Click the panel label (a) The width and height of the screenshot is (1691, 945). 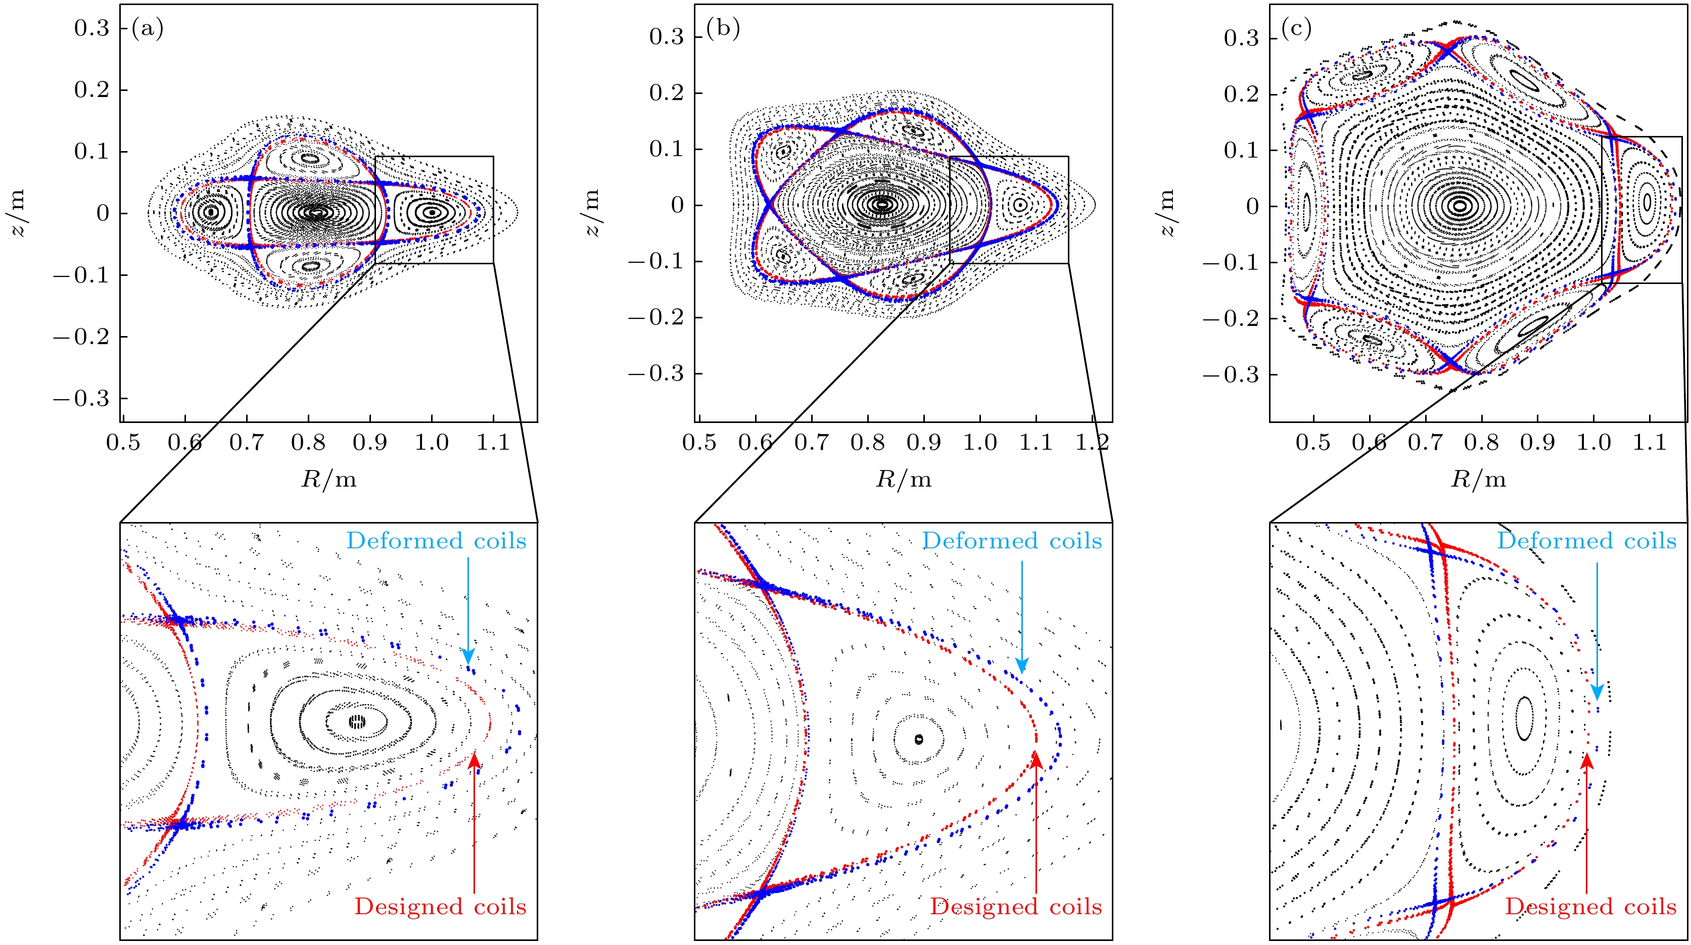coord(147,29)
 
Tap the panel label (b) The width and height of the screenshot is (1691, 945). coord(722,29)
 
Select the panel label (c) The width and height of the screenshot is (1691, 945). coord(1296,29)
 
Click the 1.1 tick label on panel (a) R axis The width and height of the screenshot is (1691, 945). coord(492,442)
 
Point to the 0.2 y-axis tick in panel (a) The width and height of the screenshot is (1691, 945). coord(91,90)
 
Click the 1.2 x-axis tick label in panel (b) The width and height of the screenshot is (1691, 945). coord(1092,442)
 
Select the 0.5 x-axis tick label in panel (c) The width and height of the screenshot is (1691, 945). coord(1313,442)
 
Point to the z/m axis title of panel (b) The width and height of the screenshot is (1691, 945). coord(592,204)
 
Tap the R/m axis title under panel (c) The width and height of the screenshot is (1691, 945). coord(1478,480)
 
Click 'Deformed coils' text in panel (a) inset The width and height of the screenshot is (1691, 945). coord(436,541)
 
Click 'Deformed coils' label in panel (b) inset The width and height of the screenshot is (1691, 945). coord(1012,541)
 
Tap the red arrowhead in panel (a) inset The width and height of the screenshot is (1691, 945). coord(474,761)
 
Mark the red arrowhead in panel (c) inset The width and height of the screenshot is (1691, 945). coord(1586,761)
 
